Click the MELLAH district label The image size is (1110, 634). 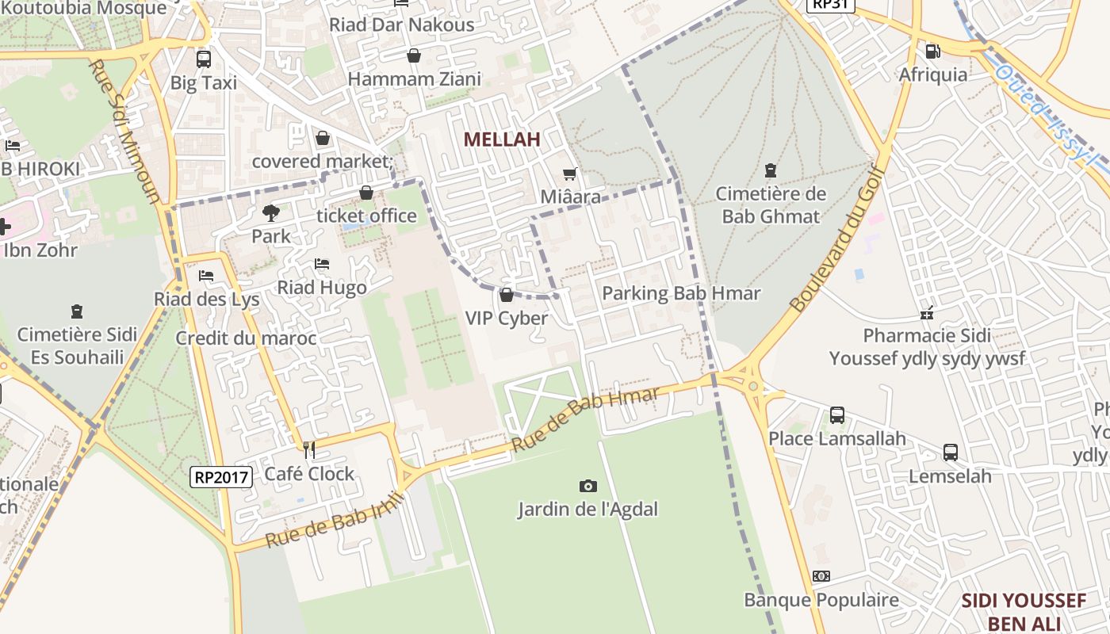point(502,139)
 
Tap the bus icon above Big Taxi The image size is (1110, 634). point(204,59)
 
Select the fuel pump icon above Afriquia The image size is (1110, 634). point(933,52)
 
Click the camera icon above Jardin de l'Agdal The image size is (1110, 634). point(588,486)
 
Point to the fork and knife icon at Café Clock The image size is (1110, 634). point(309,450)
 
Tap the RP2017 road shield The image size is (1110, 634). point(221,477)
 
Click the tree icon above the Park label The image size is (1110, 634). point(271,212)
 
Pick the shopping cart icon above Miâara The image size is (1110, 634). point(569,174)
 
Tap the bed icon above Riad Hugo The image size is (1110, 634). point(322,264)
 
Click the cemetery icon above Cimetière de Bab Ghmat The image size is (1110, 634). point(769,170)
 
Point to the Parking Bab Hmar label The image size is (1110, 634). point(681,293)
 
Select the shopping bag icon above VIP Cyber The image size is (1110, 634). point(507,296)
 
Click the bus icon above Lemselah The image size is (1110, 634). point(950,453)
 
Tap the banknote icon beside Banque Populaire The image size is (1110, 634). point(821,576)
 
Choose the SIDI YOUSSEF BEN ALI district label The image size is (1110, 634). point(1023,611)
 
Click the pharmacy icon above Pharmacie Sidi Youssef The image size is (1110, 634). point(926,313)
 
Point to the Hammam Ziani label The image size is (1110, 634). point(415,79)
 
